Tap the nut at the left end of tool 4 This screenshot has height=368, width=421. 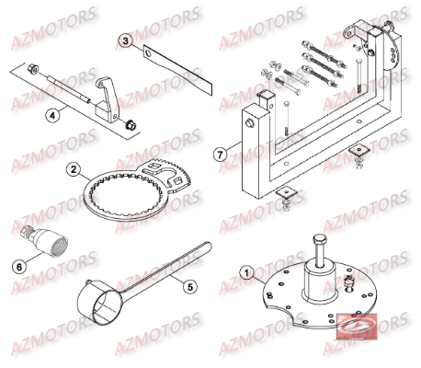(x=34, y=67)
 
